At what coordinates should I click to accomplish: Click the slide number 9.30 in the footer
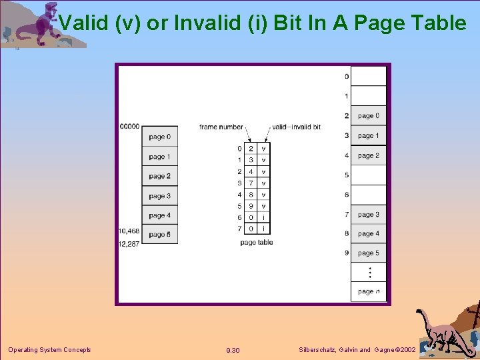point(233,350)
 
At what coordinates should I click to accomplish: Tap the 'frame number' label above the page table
point(222,127)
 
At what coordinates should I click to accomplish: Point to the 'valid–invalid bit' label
point(296,127)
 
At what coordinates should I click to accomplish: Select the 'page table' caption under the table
point(257,243)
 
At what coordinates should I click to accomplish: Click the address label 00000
point(129,126)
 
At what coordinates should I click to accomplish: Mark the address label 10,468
point(129,231)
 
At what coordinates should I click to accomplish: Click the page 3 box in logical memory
point(160,196)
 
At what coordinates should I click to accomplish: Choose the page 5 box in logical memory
point(160,235)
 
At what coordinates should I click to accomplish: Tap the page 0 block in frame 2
point(368,116)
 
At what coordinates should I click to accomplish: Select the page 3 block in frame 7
point(368,215)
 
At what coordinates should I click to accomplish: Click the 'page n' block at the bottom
point(368,291)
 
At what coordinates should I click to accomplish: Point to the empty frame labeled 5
point(368,175)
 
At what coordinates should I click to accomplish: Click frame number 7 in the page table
point(251,183)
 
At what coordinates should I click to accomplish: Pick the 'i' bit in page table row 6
point(264,217)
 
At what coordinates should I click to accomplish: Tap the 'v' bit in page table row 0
point(264,149)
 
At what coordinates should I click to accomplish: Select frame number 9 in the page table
point(251,206)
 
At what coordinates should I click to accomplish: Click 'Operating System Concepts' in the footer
point(49,350)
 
